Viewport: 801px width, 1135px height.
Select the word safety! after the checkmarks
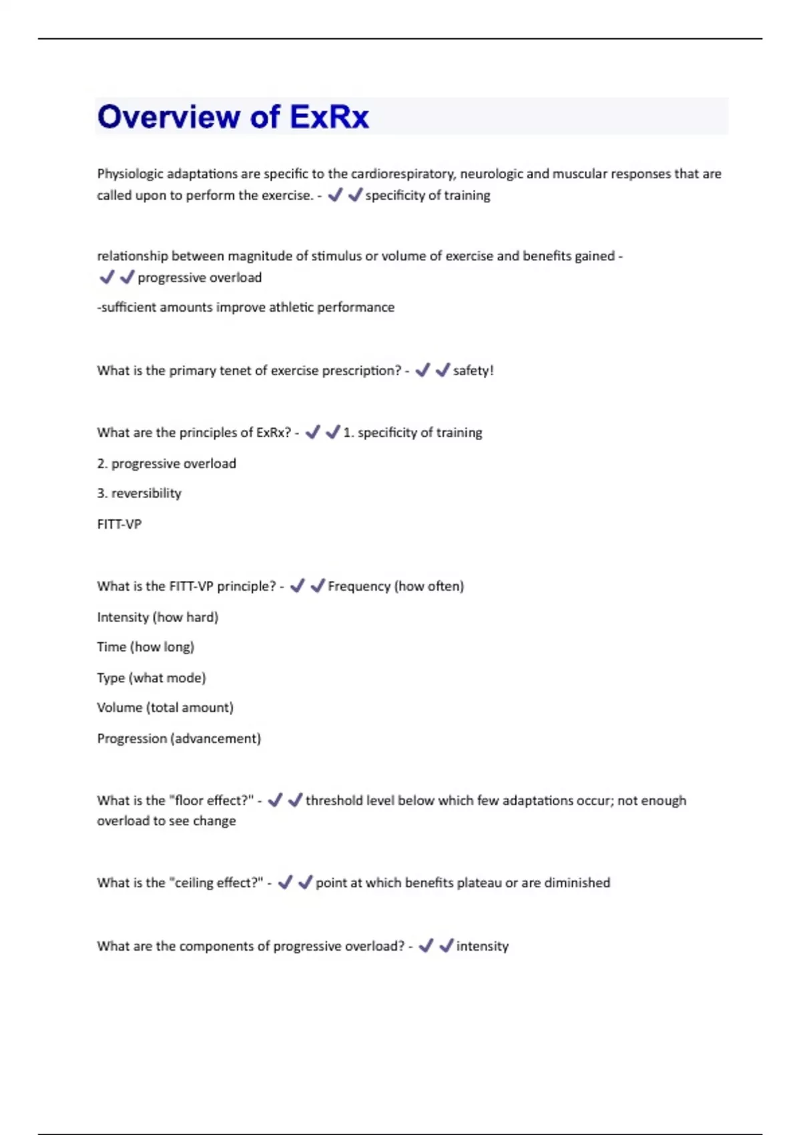[473, 371]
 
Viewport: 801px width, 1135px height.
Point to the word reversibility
[146, 493]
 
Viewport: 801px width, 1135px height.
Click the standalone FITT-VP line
[119, 524]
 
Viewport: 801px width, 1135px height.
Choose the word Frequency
[359, 586]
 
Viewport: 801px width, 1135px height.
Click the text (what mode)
[168, 678]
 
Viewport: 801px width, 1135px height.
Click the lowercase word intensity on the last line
[482, 946]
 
